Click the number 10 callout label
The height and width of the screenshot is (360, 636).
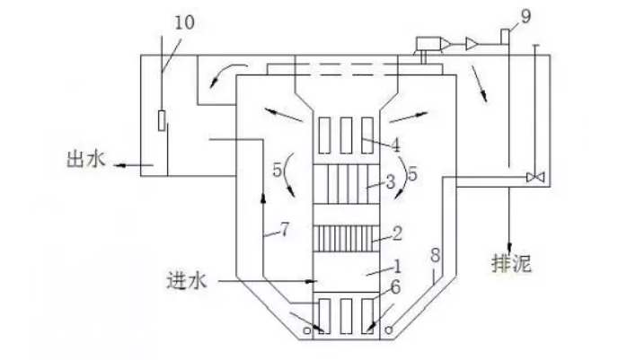(183, 22)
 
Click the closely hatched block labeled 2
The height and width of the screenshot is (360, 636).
(347, 237)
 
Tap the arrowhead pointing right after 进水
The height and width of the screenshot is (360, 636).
(304, 282)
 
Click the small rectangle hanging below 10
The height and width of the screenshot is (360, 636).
(162, 119)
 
